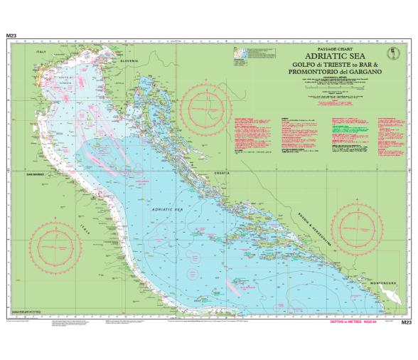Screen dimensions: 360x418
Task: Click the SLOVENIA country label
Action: click(x=129, y=61)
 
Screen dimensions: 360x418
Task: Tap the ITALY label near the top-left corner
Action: click(x=41, y=53)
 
